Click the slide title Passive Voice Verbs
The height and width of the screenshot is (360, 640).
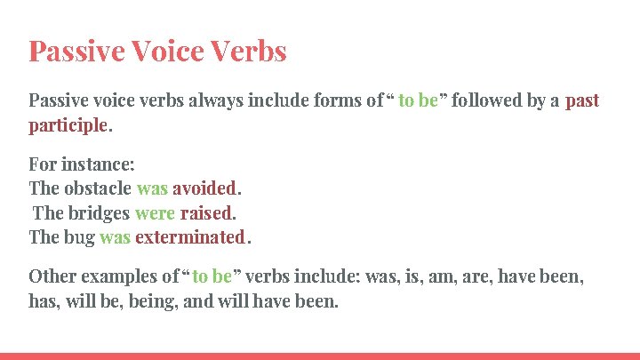click(157, 51)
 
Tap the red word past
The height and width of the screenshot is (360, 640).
click(582, 100)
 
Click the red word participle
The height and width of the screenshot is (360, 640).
click(68, 125)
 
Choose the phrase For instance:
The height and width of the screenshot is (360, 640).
click(82, 164)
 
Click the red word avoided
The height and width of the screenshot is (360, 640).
click(204, 188)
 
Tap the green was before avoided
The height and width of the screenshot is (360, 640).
click(152, 188)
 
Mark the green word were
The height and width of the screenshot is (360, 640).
click(155, 213)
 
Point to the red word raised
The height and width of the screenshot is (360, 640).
click(206, 213)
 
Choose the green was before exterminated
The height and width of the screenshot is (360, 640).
click(115, 237)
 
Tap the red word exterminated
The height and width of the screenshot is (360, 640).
click(189, 237)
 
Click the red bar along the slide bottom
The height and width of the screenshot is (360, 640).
click(320, 356)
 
